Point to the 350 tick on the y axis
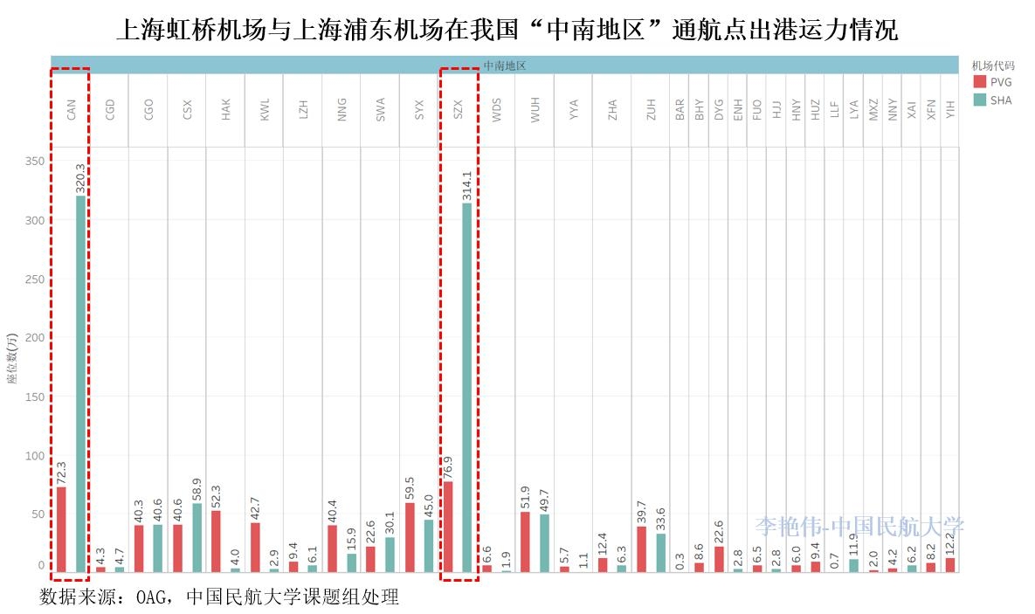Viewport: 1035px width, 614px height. click(x=35, y=162)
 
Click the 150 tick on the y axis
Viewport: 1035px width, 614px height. click(x=35, y=397)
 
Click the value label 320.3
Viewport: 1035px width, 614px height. click(x=80, y=177)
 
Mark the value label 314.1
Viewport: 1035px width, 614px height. click(x=467, y=185)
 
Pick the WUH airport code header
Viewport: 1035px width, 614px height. click(x=535, y=109)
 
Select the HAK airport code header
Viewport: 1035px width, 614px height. click(x=226, y=109)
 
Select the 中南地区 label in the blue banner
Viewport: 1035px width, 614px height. click(x=504, y=65)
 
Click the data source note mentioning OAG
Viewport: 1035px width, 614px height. click(x=218, y=597)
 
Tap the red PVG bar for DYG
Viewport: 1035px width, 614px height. click(x=719, y=558)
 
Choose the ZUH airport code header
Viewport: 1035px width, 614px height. click(x=651, y=109)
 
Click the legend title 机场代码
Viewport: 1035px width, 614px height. click(x=993, y=65)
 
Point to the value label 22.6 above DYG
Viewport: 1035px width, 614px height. click(x=719, y=528)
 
